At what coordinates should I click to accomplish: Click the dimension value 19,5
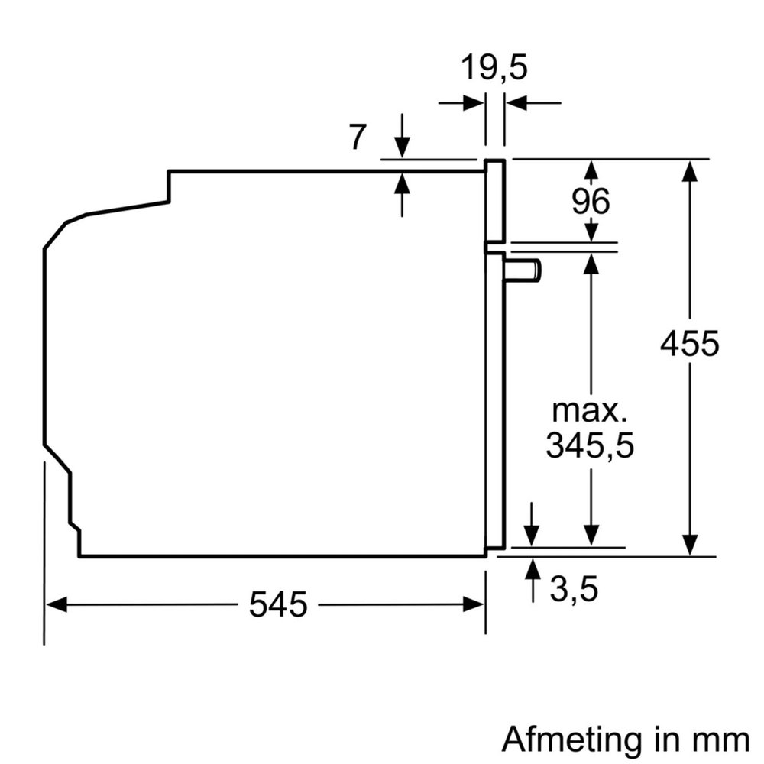tap(494, 69)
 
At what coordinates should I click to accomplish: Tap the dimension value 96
tap(591, 202)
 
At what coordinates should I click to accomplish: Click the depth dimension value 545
tap(278, 605)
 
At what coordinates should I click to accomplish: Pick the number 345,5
tap(590, 445)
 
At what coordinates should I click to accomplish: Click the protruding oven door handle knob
tap(527, 270)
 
